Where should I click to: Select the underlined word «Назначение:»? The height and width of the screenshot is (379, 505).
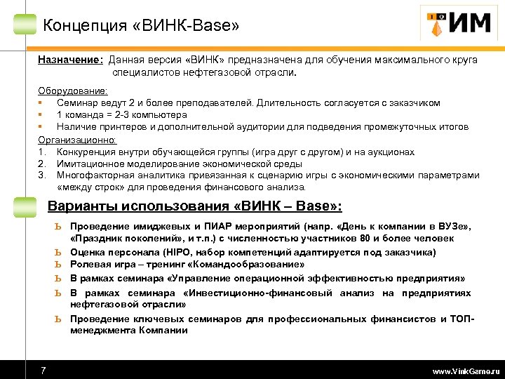coord(70,60)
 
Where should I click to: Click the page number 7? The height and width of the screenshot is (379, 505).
coord(43,370)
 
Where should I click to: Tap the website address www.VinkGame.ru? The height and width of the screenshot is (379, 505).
coord(466,371)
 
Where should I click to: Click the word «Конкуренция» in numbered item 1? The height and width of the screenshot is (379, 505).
coord(88,152)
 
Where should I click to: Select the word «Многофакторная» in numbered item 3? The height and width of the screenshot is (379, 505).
coord(94,175)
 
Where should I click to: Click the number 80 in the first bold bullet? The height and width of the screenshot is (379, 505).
coord(365,239)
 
